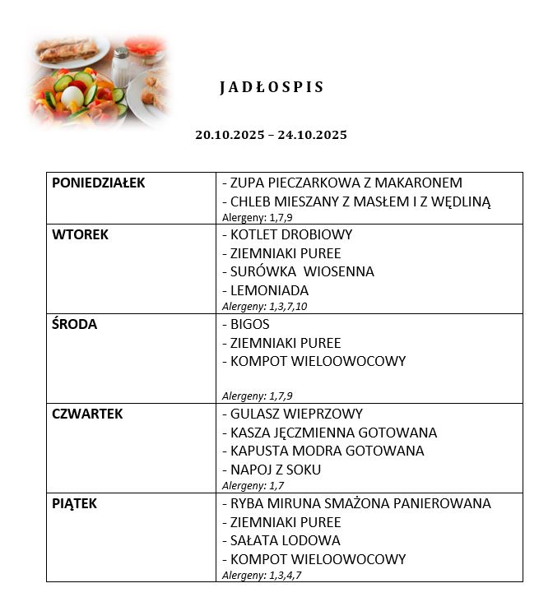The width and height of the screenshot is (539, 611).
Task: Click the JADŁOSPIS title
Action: (x=272, y=87)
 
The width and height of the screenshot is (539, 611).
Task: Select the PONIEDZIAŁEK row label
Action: (x=98, y=183)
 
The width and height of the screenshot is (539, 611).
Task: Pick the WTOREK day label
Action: (x=80, y=234)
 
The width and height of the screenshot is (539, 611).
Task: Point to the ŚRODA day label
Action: (x=74, y=324)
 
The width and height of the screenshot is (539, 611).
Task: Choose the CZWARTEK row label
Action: (x=87, y=414)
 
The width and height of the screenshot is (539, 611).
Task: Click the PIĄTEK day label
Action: (x=74, y=503)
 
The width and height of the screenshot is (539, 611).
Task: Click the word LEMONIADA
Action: (x=269, y=290)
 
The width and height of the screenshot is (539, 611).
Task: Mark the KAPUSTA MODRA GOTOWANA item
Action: (x=327, y=451)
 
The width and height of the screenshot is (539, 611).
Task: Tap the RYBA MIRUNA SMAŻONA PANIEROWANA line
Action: (x=360, y=503)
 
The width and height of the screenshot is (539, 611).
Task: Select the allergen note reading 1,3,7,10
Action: (x=265, y=306)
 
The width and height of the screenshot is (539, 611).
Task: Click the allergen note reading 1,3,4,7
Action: (x=262, y=575)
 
